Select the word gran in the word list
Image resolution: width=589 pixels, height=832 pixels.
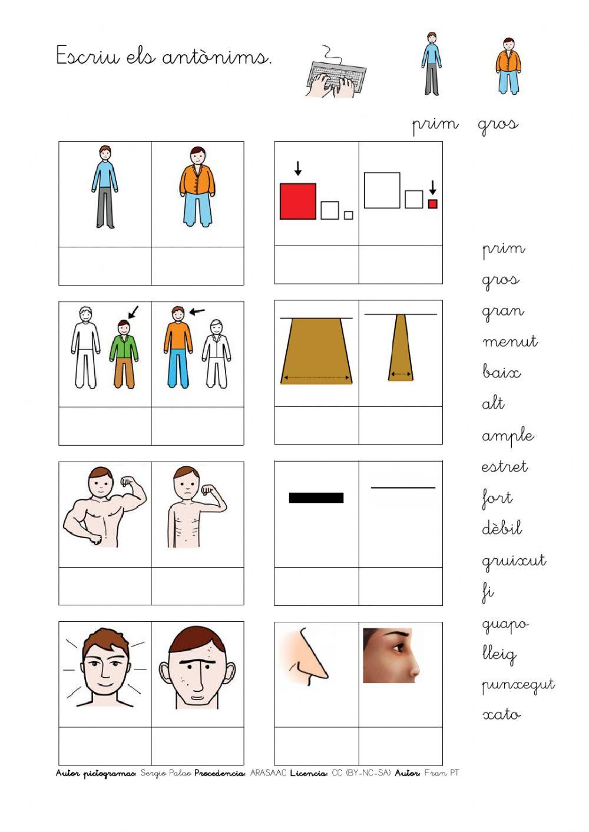point(502,311)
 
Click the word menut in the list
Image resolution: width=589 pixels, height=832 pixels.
point(509,342)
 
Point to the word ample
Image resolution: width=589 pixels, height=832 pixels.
point(508,436)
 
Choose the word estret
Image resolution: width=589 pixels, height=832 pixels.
point(504,467)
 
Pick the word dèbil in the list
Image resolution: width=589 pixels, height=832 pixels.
point(502,528)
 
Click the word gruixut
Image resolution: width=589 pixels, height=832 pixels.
point(514,561)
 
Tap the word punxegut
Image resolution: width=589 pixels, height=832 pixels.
point(518,685)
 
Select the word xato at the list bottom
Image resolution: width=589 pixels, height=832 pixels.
point(502,715)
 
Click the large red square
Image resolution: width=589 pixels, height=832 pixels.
point(298,201)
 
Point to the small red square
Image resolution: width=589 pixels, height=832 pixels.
point(433,204)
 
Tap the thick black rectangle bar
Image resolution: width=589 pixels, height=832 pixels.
point(316,498)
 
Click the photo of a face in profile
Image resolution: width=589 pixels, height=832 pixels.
point(391,655)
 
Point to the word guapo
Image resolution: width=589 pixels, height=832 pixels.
point(505,624)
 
